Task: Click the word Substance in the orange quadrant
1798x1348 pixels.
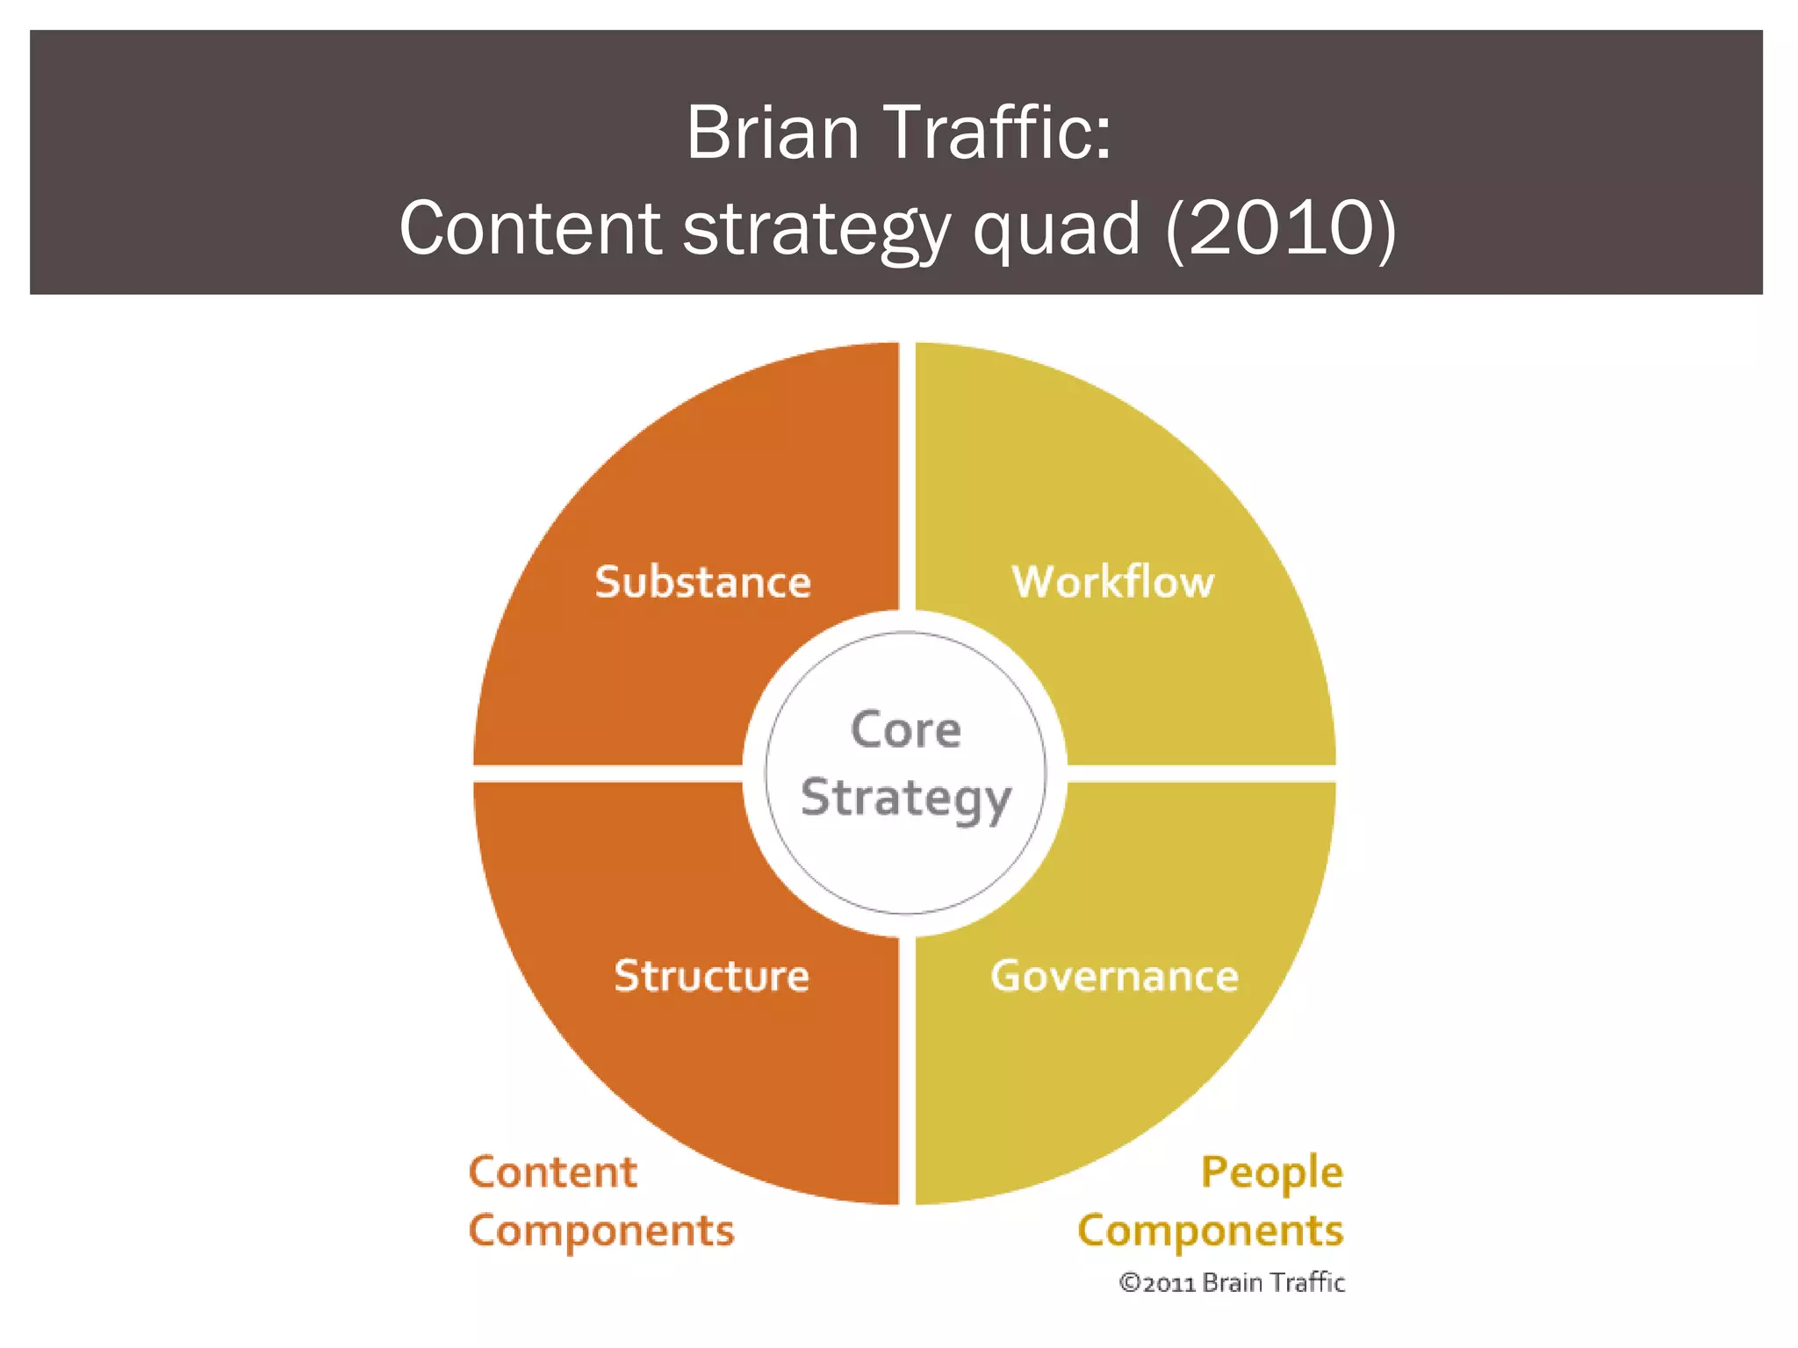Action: (x=702, y=582)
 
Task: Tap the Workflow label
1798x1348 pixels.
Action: (x=1113, y=582)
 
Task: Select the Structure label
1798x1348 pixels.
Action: (x=711, y=976)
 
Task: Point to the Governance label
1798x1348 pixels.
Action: (x=1114, y=976)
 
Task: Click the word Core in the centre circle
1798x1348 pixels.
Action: (x=906, y=730)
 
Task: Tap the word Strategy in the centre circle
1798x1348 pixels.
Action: (x=906, y=799)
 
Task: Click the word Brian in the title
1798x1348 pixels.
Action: (x=773, y=133)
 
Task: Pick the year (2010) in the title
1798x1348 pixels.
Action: (x=1281, y=228)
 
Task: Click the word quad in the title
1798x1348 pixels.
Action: (x=1058, y=228)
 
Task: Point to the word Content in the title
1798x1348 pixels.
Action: (x=530, y=228)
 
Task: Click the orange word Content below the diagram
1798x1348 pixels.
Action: (x=552, y=1172)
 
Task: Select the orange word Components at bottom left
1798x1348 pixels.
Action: (x=601, y=1231)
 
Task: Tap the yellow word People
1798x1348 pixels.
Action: (x=1271, y=1173)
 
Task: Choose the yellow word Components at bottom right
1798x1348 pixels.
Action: (x=1210, y=1231)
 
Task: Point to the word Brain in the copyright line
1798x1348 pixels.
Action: (x=1233, y=1283)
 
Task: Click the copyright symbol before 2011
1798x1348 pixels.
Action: (x=1129, y=1284)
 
